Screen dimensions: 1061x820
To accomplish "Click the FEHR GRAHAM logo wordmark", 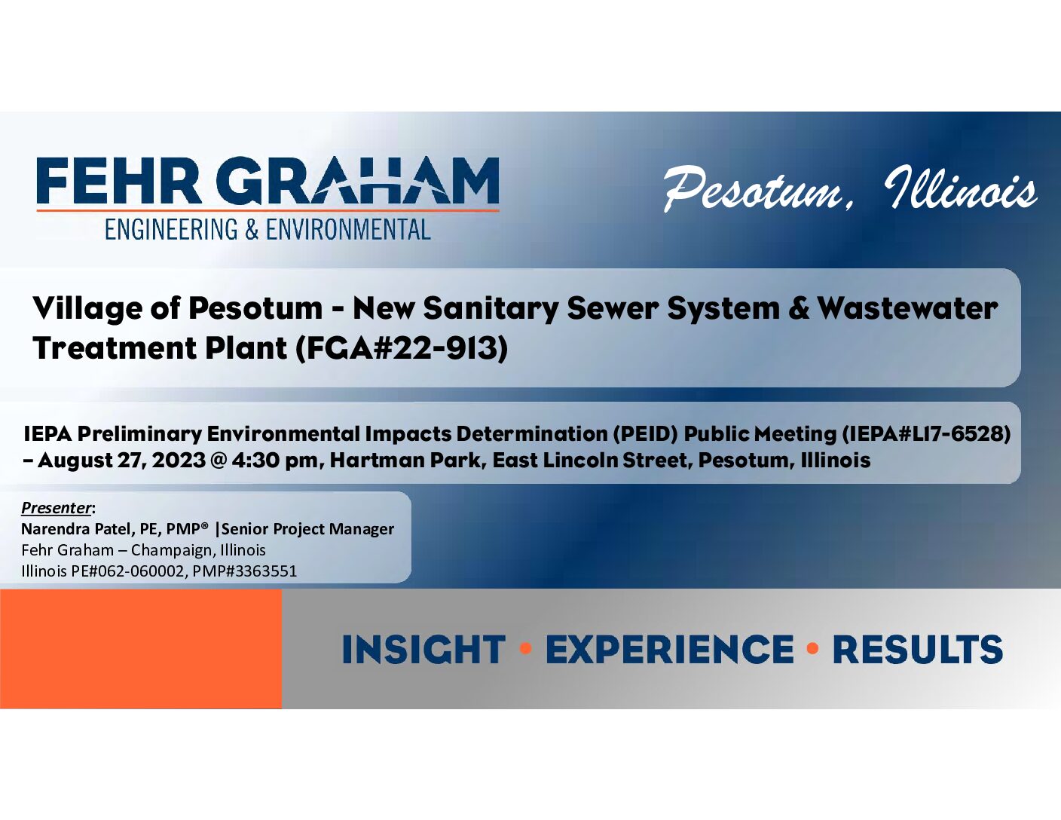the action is pos(268,180).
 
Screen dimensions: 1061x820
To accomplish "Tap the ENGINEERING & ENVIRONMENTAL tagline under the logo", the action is pos(268,230).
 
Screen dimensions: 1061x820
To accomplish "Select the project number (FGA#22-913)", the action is pos(402,348).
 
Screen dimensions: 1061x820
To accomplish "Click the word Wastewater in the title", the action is pos(908,309).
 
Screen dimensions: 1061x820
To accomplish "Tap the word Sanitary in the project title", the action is pos(491,310).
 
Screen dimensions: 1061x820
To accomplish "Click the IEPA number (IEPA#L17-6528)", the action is pos(926,433).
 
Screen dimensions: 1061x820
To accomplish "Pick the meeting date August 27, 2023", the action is pos(121,460).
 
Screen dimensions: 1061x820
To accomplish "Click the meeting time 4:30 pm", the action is pos(274,460).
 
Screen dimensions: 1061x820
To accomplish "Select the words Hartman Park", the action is pos(405,460).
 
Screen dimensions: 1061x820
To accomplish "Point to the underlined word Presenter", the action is pos(56,508).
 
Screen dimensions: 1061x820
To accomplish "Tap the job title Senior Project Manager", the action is pos(308,529).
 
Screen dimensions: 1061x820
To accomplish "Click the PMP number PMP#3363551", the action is pos(245,571).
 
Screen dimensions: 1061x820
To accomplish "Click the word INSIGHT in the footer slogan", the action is pos(423,649).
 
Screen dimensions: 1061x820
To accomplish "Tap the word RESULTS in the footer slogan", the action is pos(918,649).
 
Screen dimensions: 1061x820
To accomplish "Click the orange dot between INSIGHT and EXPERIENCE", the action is pos(526,649).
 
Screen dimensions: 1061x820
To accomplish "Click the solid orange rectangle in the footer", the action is pos(141,649).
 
